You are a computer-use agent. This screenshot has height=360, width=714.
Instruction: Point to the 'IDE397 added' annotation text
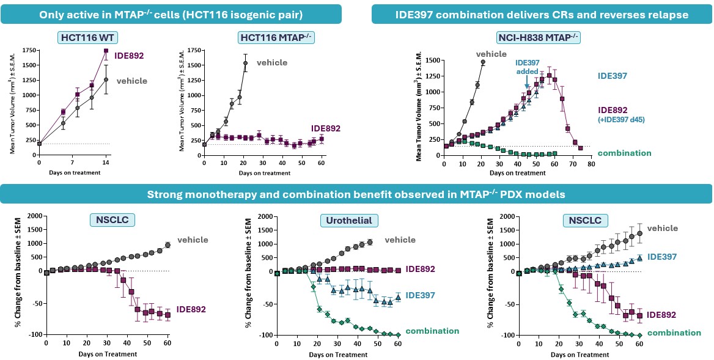coord(531,67)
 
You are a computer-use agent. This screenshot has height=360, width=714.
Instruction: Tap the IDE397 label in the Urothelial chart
coord(420,296)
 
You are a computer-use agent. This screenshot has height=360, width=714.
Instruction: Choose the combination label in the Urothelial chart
coord(432,331)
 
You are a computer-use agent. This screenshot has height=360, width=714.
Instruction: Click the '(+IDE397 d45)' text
coord(625,120)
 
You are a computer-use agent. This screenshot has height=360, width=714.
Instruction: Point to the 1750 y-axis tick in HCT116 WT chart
coord(28,50)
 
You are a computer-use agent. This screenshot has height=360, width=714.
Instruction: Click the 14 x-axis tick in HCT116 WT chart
coord(106,163)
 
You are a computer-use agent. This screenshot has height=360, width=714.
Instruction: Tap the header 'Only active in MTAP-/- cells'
coord(171,13)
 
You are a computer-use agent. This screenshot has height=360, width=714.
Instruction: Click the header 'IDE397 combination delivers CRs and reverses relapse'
coord(542,13)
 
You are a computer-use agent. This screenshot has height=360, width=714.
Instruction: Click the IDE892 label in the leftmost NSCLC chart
coord(191,309)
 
